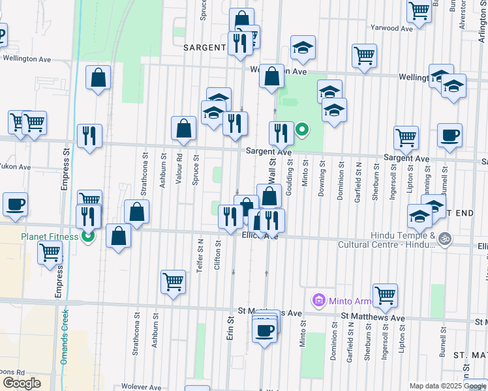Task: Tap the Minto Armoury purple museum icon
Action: [x=319, y=300]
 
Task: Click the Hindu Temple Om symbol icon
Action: [x=445, y=239]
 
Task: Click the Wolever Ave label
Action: [x=140, y=387]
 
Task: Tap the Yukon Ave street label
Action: [x=14, y=167]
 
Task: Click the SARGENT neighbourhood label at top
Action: [x=204, y=48]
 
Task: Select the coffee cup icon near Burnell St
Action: [x=450, y=136]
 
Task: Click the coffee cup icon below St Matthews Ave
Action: [x=264, y=330]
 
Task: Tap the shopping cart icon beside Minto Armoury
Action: [x=386, y=295]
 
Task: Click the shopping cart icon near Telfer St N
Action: [x=173, y=282]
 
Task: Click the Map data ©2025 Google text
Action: [x=448, y=386]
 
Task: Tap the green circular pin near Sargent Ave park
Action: [x=302, y=130]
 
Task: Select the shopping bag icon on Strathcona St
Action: [x=136, y=211]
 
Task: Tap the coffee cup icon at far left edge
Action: [x=15, y=203]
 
